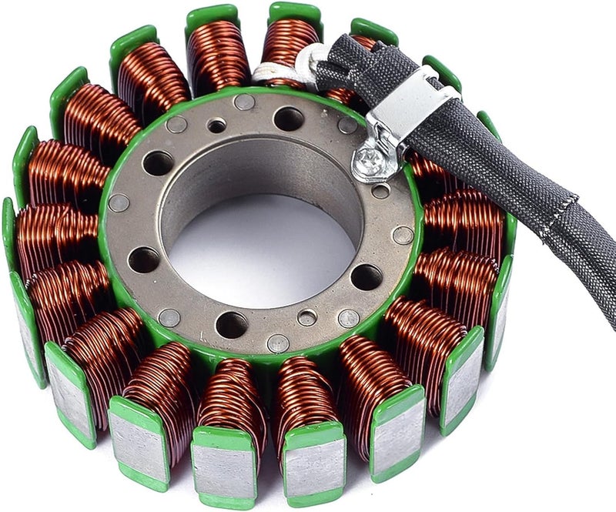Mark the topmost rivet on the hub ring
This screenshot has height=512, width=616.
244,102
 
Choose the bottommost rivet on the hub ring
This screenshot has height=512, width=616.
277,343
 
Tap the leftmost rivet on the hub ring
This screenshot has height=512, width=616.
118,203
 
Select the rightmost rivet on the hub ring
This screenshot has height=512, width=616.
402,235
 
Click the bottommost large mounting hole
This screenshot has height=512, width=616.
231,324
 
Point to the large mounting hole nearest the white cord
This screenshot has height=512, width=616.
288,119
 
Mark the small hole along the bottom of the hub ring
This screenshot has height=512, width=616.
307,317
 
